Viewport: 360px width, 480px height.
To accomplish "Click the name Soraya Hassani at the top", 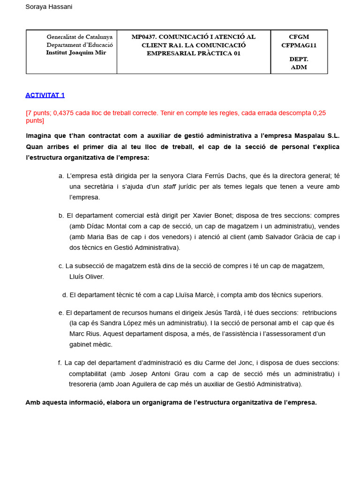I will pyautogui.click(x=49, y=7).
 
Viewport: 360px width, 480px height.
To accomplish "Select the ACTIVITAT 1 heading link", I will pyautogui.click(x=45, y=95).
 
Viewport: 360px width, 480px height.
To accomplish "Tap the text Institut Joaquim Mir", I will pyautogui.click(x=76, y=52).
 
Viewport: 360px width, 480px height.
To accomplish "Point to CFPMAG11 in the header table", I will pyautogui.click(x=299, y=45).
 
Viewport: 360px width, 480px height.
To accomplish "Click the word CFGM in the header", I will pyautogui.click(x=299, y=37).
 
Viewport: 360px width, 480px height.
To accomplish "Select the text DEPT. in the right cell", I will pyautogui.click(x=299, y=59).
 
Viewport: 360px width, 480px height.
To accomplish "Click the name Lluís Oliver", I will pyautogui.click(x=87, y=277).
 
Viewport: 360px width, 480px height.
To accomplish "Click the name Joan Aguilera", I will pyautogui.click(x=145, y=384).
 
